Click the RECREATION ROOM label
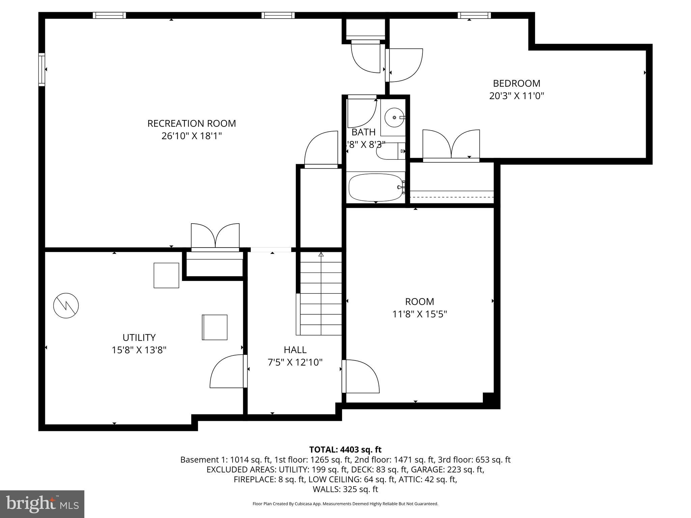pos(191,123)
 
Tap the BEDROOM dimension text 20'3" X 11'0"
pos(517,96)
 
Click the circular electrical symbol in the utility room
pos(66,306)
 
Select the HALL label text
pos(295,350)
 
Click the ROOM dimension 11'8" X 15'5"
pos(419,314)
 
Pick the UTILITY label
pos(139,338)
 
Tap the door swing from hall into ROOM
pos(361,376)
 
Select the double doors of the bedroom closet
pos(451,145)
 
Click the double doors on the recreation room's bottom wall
pos(215,236)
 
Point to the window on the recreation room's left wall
pos(42,69)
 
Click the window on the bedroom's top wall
pos(474,15)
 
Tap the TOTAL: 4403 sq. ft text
pos(345,450)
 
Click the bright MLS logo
pos(42,504)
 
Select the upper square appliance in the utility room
pos(166,275)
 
